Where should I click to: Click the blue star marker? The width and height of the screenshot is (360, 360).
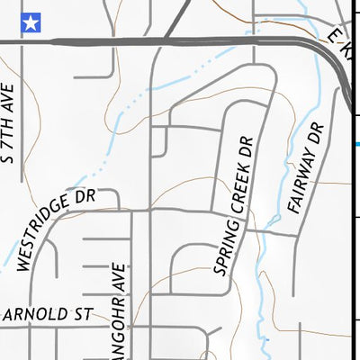pyautogui.click(x=31, y=22)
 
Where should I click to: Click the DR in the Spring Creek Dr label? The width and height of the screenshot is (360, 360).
pyautogui.click(x=246, y=146)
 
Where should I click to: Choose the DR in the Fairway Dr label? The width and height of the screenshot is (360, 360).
pyautogui.click(x=315, y=133)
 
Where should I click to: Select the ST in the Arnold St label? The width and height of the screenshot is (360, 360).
pyautogui.click(x=83, y=315)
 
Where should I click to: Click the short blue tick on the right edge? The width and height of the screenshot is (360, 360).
pyautogui.click(x=356, y=144)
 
